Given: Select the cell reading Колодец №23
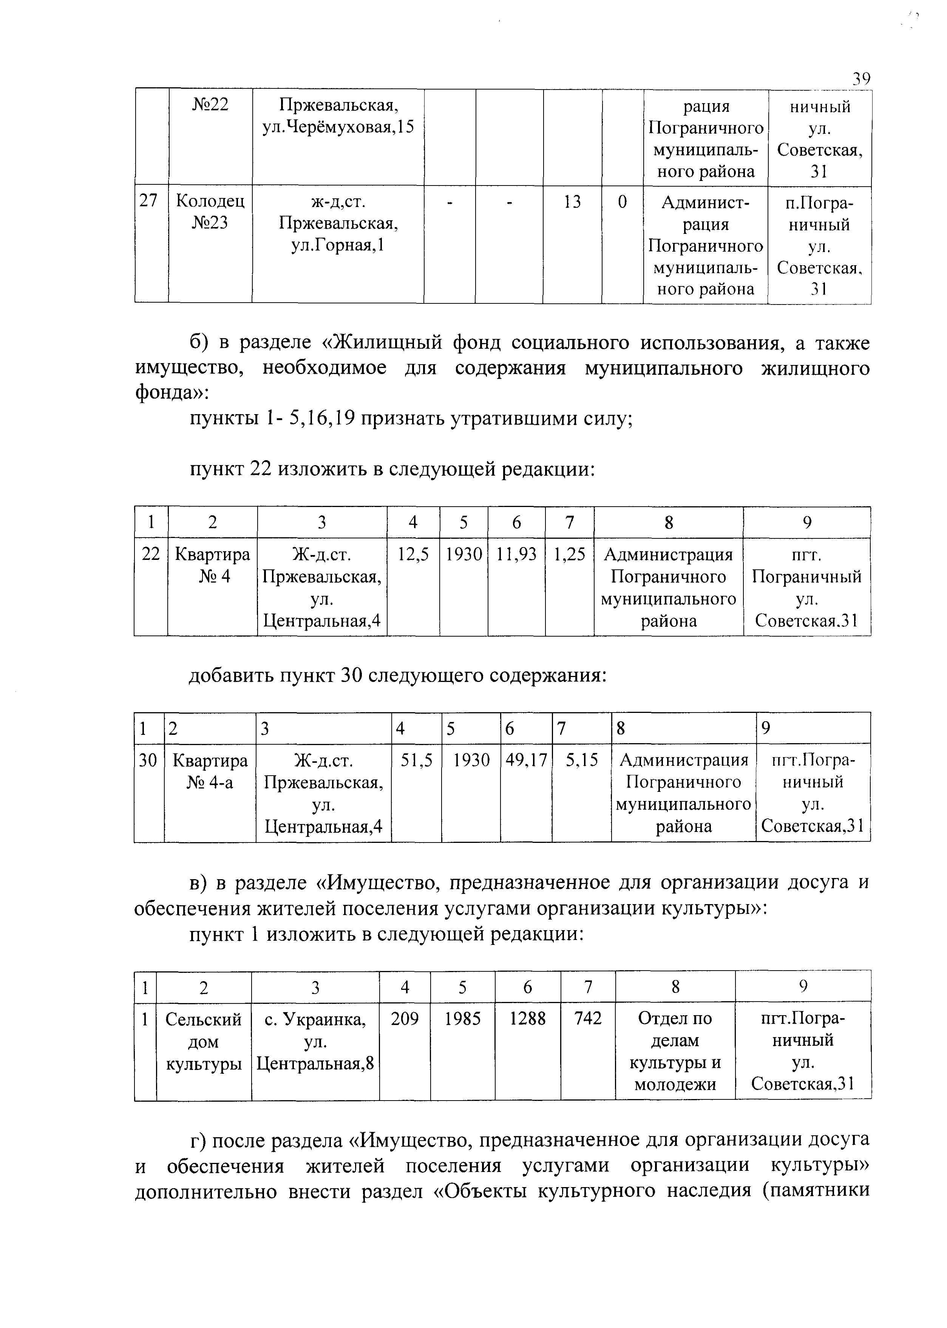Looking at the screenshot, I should point(210,212).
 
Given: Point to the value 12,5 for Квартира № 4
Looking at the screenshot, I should point(413,554).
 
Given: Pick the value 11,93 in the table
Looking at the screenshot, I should point(516,554).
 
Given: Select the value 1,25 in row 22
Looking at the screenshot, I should point(569,554).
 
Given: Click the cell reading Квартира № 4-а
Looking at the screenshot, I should point(210,771).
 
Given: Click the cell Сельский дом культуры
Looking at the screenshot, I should point(204,1041).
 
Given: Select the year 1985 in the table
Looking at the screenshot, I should point(462,1019).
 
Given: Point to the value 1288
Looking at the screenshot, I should point(527,1019).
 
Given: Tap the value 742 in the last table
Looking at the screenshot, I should point(587,1019).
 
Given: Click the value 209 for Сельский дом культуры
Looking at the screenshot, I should point(405,1019).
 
